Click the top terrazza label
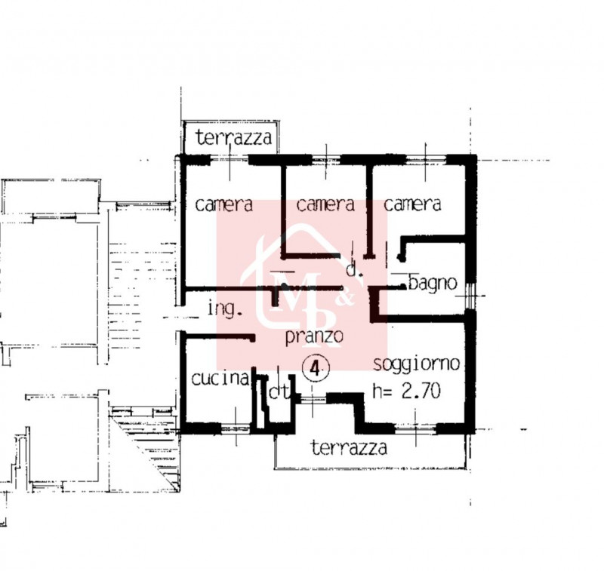(234, 137)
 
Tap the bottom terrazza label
(349, 447)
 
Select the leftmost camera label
(223, 204)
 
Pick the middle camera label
(325, 204)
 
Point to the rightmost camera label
(412, 204)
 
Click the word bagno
(433, 284)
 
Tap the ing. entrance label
(225, 309)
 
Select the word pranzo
(314, 336)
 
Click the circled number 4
(316, 369)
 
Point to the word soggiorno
(417, 364)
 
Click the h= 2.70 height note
(406, 391)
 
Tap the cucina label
(220, 379)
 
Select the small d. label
(354, 270)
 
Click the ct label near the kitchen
(279, 392)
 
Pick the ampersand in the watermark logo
(344, 298)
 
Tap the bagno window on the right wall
(470, 296)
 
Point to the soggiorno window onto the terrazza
(416, 428)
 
